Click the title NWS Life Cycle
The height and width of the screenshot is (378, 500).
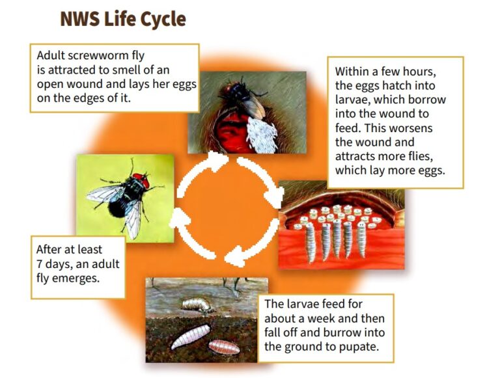point(123,19)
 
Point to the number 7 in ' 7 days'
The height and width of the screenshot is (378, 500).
point(40,263)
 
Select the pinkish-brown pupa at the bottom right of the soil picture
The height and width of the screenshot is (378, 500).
point(223,345)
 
